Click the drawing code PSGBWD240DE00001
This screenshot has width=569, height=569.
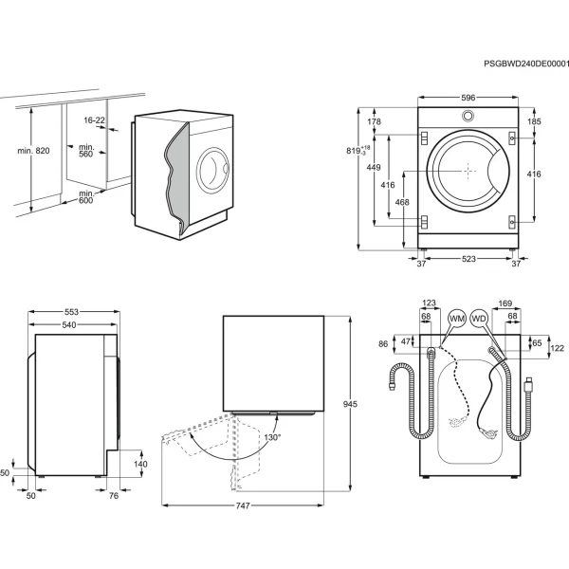(526, 64)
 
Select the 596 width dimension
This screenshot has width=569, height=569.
(468, 98)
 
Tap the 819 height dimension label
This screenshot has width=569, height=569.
(358, 150)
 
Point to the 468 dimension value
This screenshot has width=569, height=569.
(402, 202)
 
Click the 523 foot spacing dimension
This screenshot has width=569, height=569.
(468, 259)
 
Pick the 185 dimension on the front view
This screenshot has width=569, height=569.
(534, 121)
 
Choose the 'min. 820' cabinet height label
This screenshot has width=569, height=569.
(33, 151)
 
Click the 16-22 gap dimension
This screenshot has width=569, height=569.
(94, 120)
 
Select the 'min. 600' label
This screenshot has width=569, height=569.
(86, 196)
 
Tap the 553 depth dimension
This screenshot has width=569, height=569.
(71, 312)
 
